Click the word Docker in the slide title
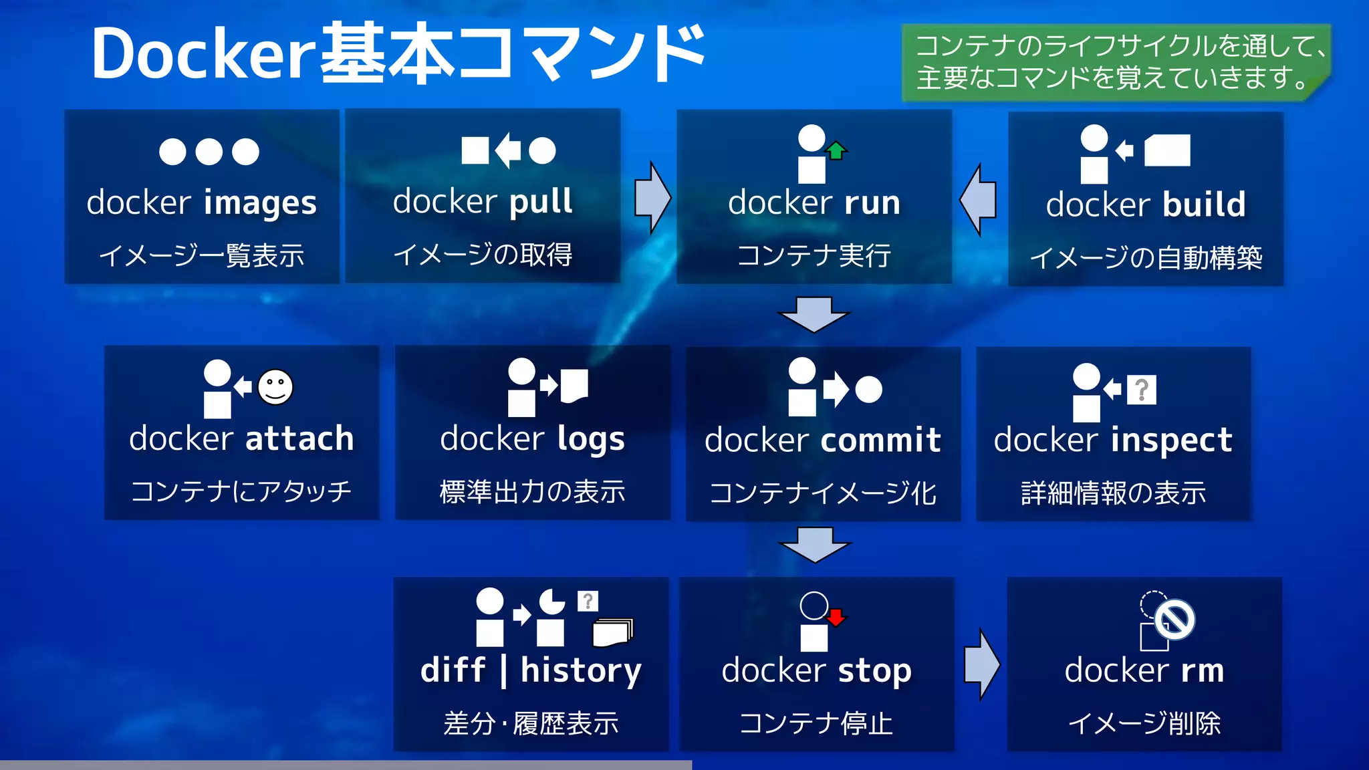204,55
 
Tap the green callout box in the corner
1115,62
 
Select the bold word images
260,203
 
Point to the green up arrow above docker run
836,150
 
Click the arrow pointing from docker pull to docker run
652,198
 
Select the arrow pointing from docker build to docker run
979,200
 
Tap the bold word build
1204,205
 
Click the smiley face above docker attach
275,387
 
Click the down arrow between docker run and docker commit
814,314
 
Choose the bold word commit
881,440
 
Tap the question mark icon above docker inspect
1142,390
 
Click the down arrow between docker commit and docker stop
815,544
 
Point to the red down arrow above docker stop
836,616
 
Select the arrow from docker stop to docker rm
982,664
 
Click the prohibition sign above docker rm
1174,620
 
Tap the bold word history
581,670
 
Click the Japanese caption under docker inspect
1114,493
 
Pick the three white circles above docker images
209,152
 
